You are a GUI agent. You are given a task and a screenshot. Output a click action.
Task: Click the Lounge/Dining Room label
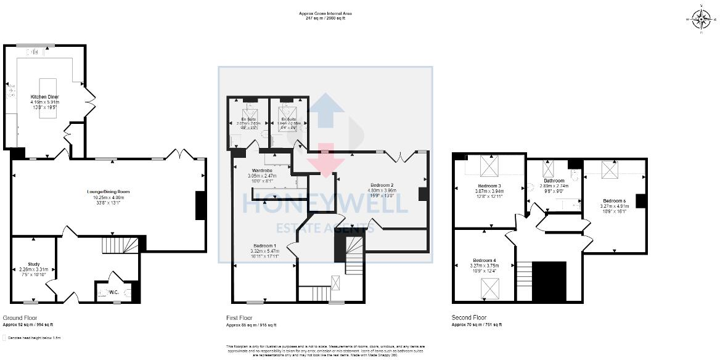click(112, 192)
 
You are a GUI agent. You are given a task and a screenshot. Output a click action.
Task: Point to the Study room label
click(33, 264)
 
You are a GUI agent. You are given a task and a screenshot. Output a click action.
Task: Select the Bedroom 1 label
click(266, 245)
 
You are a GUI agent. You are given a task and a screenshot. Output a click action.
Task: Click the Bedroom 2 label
click(382, 185)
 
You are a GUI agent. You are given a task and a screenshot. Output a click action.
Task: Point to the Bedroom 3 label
click(489, 186)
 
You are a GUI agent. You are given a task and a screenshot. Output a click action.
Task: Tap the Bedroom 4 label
click(485, 260)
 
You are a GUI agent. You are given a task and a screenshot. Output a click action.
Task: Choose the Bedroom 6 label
click(615, 201)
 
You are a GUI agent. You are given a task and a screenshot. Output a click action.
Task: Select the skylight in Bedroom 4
click(490, 287)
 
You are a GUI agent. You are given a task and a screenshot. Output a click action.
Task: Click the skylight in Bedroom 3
click(489, 167)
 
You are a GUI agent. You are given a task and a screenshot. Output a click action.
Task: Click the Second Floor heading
click(468, 318)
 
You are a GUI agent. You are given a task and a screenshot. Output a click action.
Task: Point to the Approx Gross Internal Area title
click(325, 14)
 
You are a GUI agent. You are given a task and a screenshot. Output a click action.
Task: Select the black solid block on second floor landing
click(549, 280)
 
